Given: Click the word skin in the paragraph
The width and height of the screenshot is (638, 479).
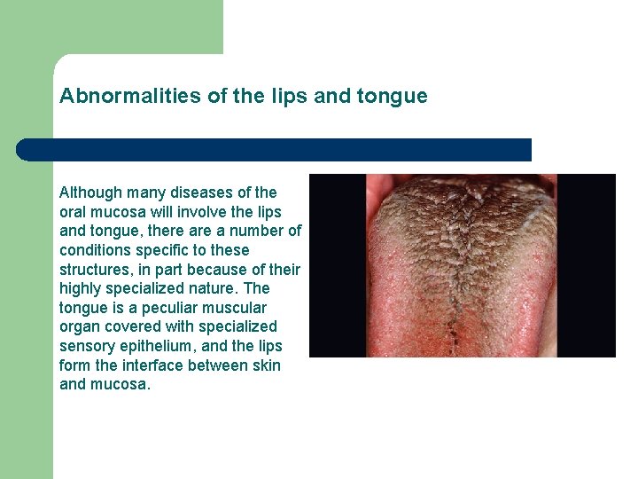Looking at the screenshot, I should (265, 365).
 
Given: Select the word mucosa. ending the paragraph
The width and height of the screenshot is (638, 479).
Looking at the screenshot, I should (121, 385).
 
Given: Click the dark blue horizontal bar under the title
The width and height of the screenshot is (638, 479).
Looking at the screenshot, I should (275, 150).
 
